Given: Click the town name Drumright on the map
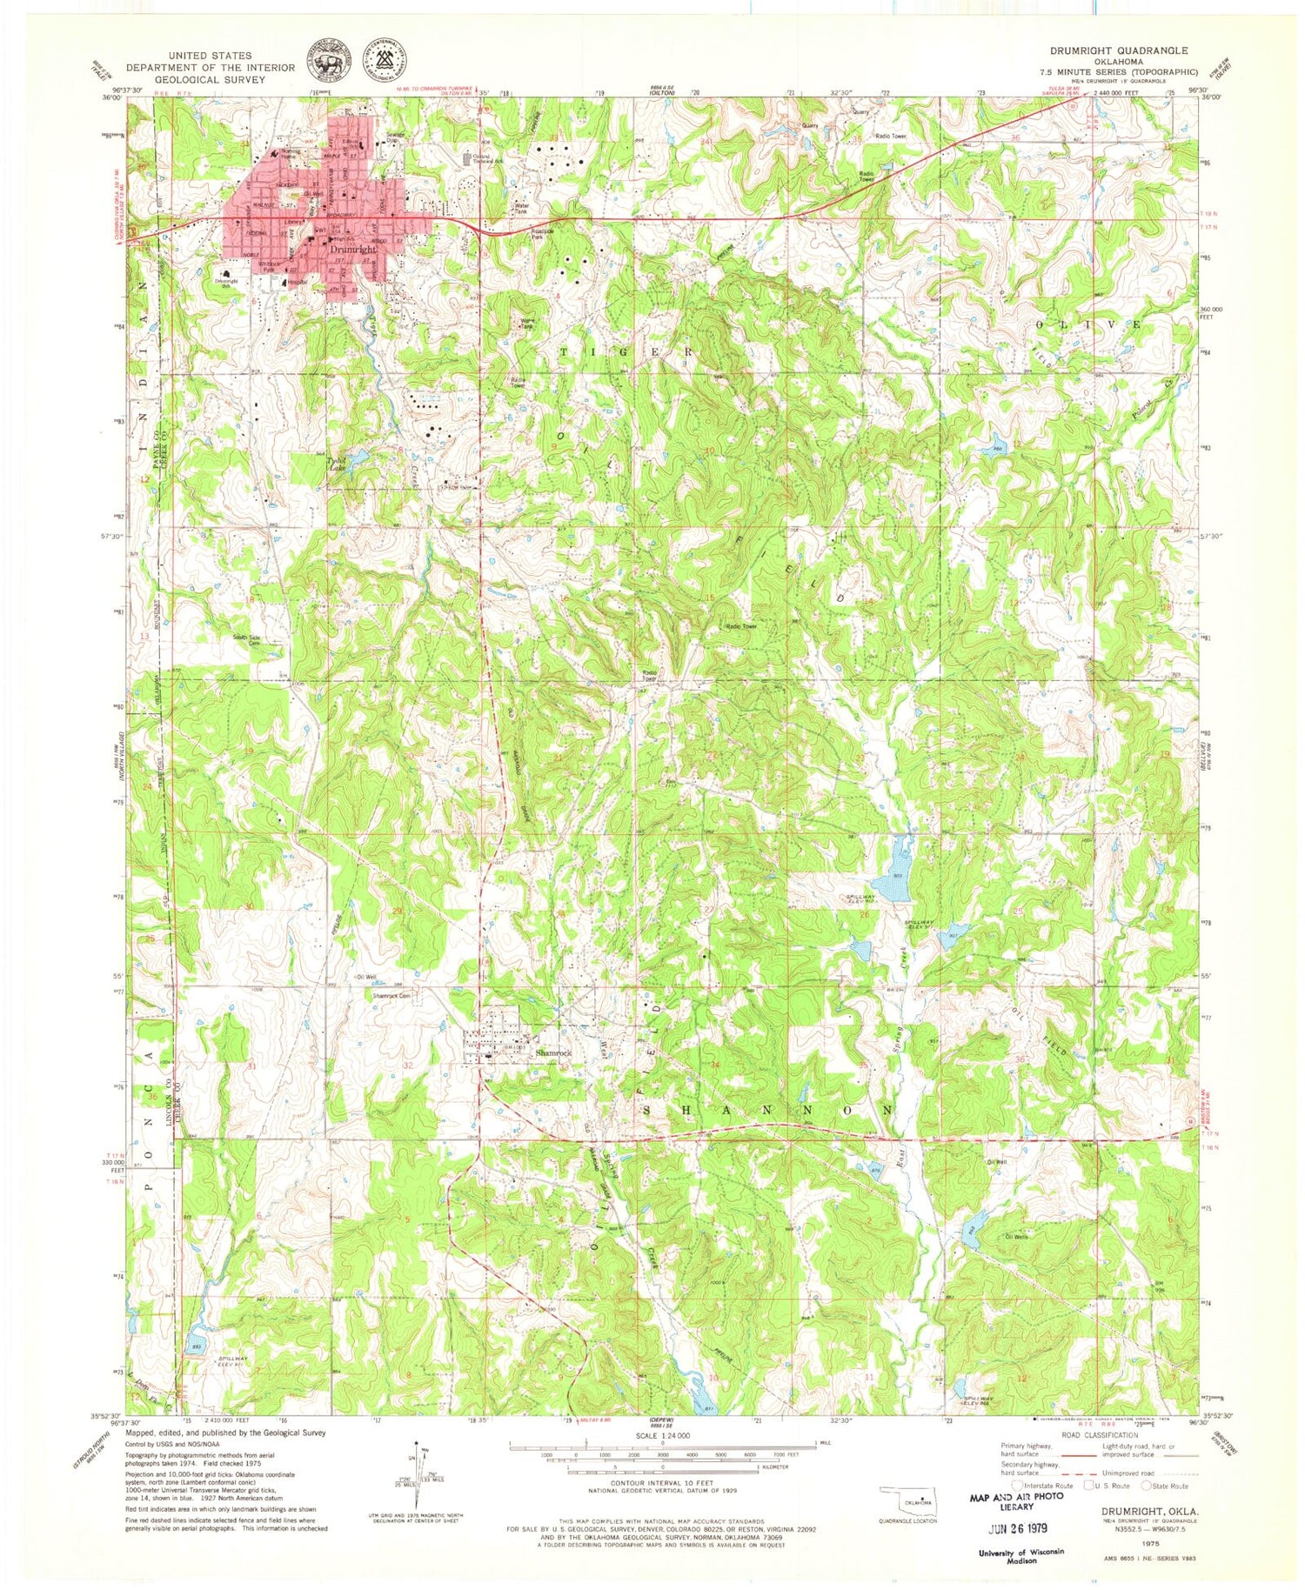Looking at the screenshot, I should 353,249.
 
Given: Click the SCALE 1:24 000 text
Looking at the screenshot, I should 662,1436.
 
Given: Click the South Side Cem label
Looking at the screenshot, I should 246,640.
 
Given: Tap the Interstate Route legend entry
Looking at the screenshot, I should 1047,1486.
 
